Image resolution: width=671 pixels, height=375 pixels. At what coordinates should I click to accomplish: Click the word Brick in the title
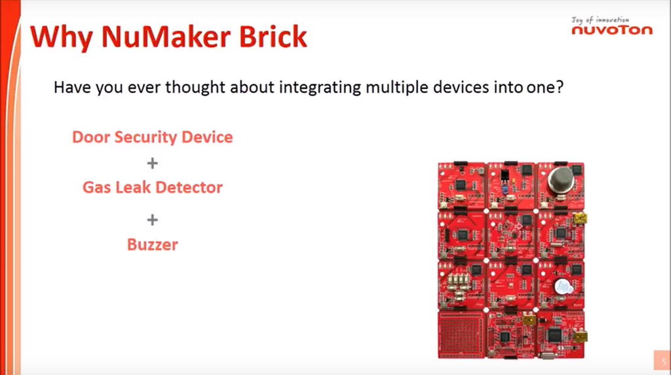click(x=273, y=37)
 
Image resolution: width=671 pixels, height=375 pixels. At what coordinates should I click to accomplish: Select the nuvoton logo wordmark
click(x=612, y=30)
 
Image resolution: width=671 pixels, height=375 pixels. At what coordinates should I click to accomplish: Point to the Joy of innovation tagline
click(x=600, y=20)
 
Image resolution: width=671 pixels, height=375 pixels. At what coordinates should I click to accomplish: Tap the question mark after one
click(x=560, y=87)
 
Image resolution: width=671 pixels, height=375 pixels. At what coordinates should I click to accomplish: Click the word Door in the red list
click(x=90, y=137)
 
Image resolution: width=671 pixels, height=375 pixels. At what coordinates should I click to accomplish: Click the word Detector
click(x=188, y=187)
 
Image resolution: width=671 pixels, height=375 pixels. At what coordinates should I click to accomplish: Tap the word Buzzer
click(x=152, y=245)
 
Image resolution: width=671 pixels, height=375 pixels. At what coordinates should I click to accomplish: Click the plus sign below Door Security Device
click(x=152, y=163)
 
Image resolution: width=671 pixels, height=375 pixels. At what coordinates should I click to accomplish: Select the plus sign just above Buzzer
click(x=152, y=220)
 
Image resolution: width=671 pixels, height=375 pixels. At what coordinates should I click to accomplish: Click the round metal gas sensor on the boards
click(x=561, y=180)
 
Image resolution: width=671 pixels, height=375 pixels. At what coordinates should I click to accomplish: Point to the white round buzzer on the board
click(x=562, y=287)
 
